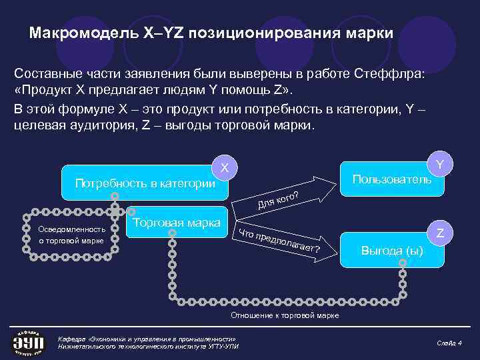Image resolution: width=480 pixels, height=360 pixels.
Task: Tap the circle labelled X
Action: point(225,169)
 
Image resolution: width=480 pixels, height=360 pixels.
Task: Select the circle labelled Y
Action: point(440,164)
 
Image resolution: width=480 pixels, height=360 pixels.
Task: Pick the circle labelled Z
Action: point(440,233)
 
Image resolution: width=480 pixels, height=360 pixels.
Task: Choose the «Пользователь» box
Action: point(392,179)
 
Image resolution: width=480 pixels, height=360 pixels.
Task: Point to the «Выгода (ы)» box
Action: point(392,251)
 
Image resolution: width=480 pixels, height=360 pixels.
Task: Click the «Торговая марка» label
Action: point(177,223)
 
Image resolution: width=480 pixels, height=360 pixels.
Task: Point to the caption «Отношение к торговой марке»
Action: point(285,315)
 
